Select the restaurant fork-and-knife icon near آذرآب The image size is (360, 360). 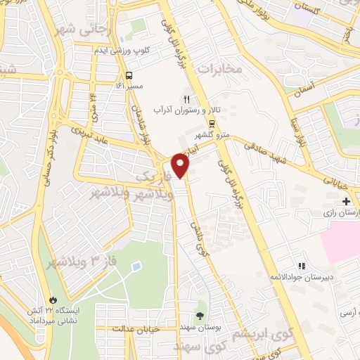click(186, 99)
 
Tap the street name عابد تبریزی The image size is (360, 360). click(91, 131)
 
